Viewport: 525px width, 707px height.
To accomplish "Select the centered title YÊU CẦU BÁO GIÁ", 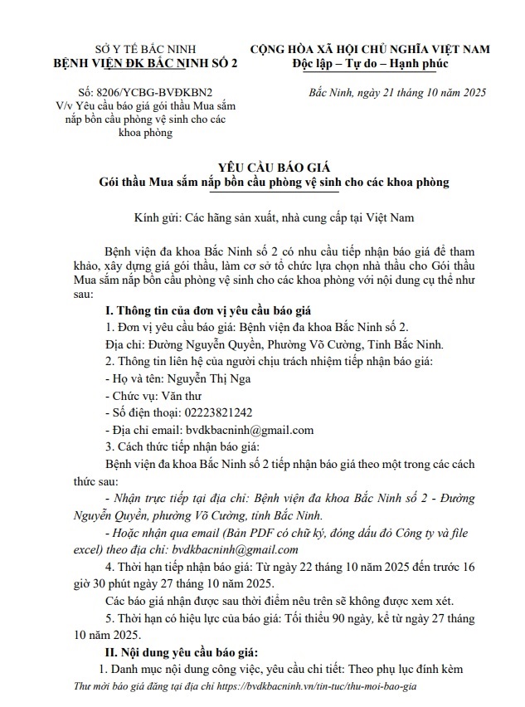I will click(x=263, y=166).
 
